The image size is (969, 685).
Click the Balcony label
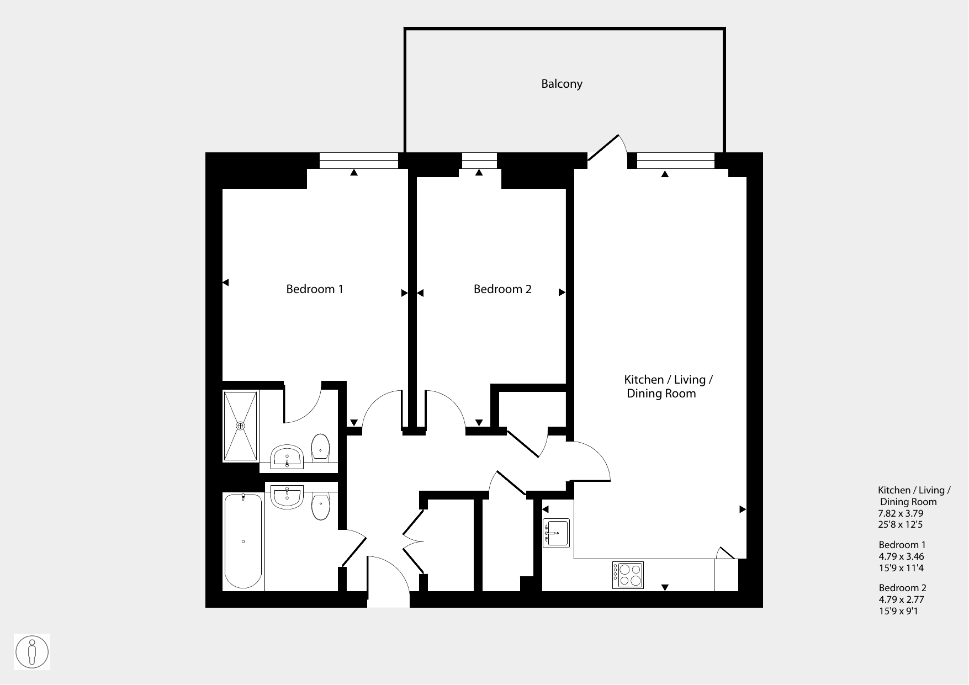(562, 84)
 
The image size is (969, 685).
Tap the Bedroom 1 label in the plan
(315, 289)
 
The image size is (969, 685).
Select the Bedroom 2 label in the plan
(502, 289)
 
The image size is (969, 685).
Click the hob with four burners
(628, 575)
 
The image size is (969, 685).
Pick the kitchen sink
(556, 533)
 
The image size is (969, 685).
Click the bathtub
(243, 542)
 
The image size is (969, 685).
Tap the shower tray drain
(240, 426)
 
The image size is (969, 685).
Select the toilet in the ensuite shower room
(321, 447)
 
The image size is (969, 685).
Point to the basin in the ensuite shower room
(287, 456)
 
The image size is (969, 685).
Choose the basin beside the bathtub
(287, 497)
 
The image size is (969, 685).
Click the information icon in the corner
(32, 652)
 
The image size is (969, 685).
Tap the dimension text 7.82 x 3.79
(901, 513)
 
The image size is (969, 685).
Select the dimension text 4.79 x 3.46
(902, 557)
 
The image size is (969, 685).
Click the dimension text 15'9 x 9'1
(898, 611)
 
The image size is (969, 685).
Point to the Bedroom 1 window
(359, 161)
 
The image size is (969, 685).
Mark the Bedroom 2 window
(479, 161)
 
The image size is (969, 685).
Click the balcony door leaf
(603, 148)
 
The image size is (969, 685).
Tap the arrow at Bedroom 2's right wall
(562, 293)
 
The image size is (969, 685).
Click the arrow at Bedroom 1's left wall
(225, 283)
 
